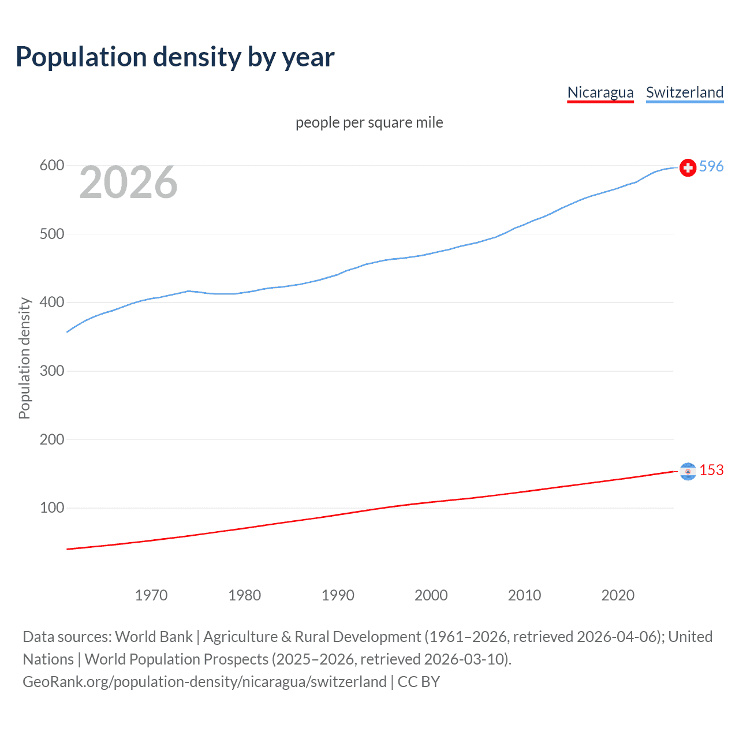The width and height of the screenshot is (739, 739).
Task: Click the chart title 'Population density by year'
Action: coord(175,57)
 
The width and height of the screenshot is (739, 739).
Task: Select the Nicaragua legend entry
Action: coord(600,92)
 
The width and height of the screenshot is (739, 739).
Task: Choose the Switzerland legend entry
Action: coord(684,92)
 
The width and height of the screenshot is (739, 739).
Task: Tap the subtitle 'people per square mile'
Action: coord(369,122)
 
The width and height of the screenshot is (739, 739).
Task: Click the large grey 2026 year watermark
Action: coord(128,182)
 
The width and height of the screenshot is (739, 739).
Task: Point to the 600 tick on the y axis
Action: coord(52,166)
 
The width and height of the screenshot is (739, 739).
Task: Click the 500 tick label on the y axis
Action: coord(52,234)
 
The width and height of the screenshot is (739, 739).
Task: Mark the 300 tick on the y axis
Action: coord(52,371)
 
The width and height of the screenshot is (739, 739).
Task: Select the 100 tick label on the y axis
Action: coord(52,508)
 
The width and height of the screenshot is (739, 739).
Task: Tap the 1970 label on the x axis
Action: coord(151,595)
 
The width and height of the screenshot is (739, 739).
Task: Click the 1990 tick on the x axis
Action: coord(338,595)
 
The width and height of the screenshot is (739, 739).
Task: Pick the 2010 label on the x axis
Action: coord(524,595)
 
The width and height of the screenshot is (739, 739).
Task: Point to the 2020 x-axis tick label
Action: coord(618,595)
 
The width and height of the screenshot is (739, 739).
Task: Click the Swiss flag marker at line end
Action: coord(688,167)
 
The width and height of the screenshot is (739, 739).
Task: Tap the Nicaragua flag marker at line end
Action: coord(688,471)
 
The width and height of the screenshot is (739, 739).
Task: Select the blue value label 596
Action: coord(711,166)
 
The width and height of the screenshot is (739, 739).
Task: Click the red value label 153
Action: coord(711,470)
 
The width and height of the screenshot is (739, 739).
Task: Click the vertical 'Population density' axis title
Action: coord(24,358)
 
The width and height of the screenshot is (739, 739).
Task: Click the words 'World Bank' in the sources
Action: coord(154,637)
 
